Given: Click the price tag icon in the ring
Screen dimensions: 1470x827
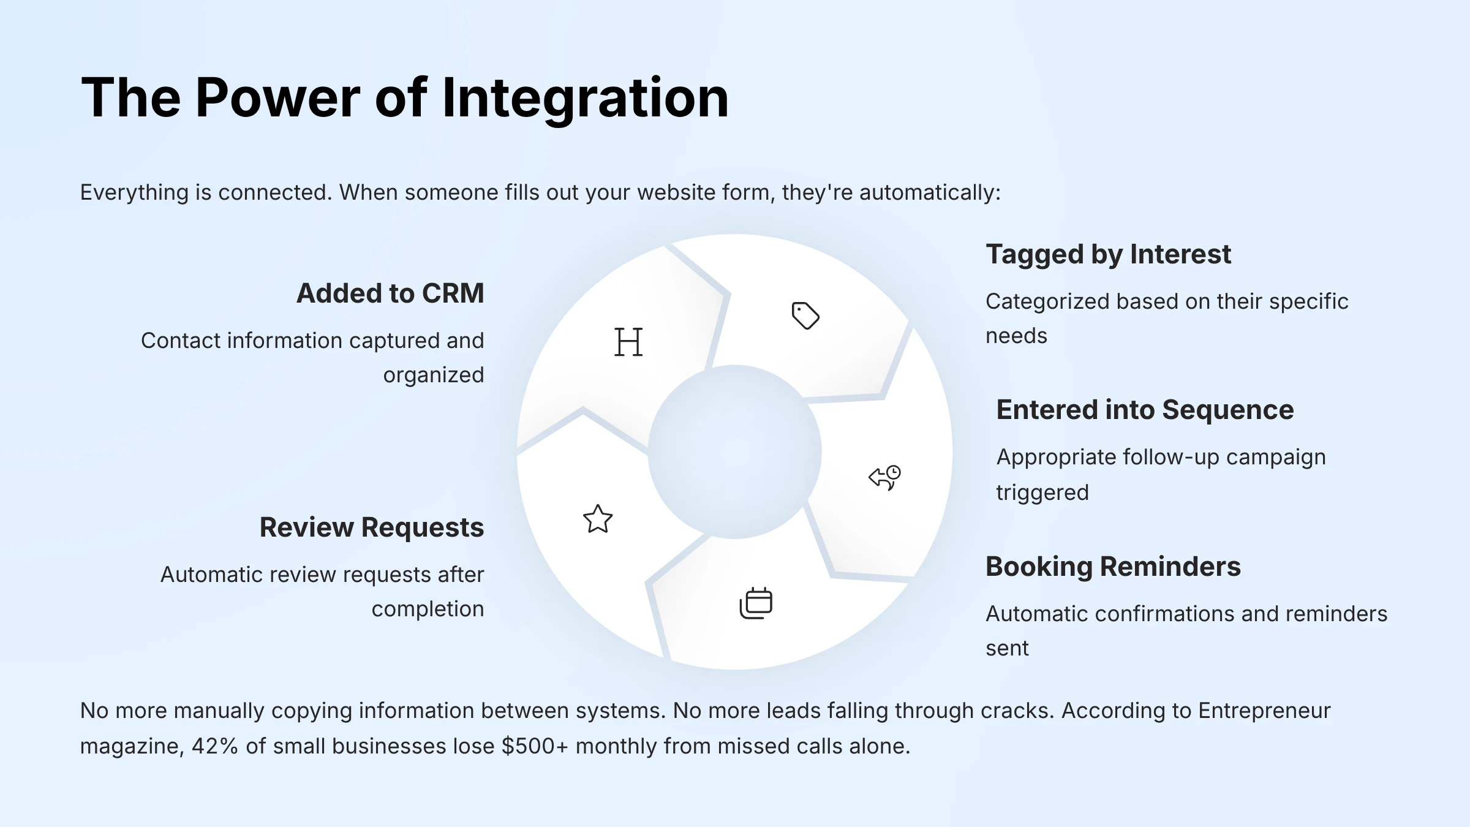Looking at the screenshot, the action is tap(805, 315).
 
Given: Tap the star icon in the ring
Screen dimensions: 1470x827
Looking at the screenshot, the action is tap(598, 519).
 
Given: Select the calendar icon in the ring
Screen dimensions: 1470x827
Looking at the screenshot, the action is tap(756, 603).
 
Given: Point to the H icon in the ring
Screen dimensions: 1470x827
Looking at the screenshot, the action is tap(628, 342).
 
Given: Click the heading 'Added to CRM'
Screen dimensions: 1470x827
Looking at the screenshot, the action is tap(390, 293).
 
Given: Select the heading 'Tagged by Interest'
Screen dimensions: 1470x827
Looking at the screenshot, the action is tap(1108, 254).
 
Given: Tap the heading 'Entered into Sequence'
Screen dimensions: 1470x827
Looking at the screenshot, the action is tap(1145, 410).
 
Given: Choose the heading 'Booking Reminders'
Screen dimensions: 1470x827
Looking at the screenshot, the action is tap(1113, 567).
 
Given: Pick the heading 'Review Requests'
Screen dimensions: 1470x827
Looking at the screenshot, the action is tap(372, 527).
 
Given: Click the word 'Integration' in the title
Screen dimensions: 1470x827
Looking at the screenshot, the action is tap(585, 98).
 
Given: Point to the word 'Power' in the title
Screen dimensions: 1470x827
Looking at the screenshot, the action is tap(278, 98).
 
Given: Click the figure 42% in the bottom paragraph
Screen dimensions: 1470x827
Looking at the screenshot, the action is tap(214, 746).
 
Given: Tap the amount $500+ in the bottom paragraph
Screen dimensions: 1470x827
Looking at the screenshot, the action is tap(535, 746).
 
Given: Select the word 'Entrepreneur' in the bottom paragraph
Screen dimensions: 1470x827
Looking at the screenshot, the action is tap(1264, 711).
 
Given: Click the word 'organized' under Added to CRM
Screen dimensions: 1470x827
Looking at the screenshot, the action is tap(434, 375).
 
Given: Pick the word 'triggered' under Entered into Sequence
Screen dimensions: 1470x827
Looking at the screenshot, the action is tap(1042, 493).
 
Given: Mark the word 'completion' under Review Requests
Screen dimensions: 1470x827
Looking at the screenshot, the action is tap(428, 609).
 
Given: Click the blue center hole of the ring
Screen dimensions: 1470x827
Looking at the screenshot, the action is tap(735, 452).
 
